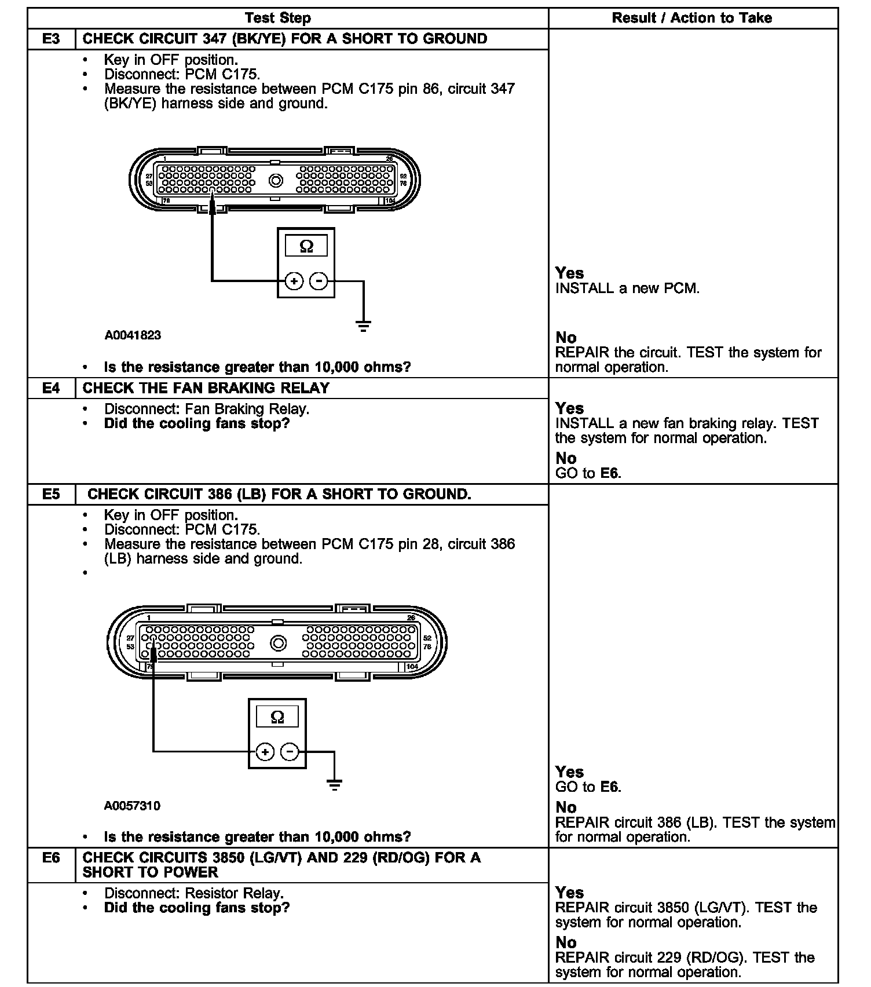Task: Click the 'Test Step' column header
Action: [277, 18]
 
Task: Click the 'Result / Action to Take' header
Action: [691, 18]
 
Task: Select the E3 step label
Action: [51, 39]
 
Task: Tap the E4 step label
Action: [51, 388]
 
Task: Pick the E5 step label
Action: [51, 494]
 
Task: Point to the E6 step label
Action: [51, 857]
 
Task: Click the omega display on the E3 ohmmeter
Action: [306, 247]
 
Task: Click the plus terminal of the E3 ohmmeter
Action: [294, 282]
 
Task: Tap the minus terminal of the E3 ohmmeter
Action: [319, 282]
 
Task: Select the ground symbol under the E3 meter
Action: [363, 326]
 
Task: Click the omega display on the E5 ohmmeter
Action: [277, 717]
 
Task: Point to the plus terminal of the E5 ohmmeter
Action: [265, 752]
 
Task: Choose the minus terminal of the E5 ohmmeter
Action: [290, 752]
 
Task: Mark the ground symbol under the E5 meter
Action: [334, 785]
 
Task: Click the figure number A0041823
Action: [133, 335]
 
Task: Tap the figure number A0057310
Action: [133, 806]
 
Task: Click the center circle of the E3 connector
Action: [276, 181]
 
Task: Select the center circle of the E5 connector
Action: [279, 643]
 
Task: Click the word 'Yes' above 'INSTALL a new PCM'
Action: [569, 273]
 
